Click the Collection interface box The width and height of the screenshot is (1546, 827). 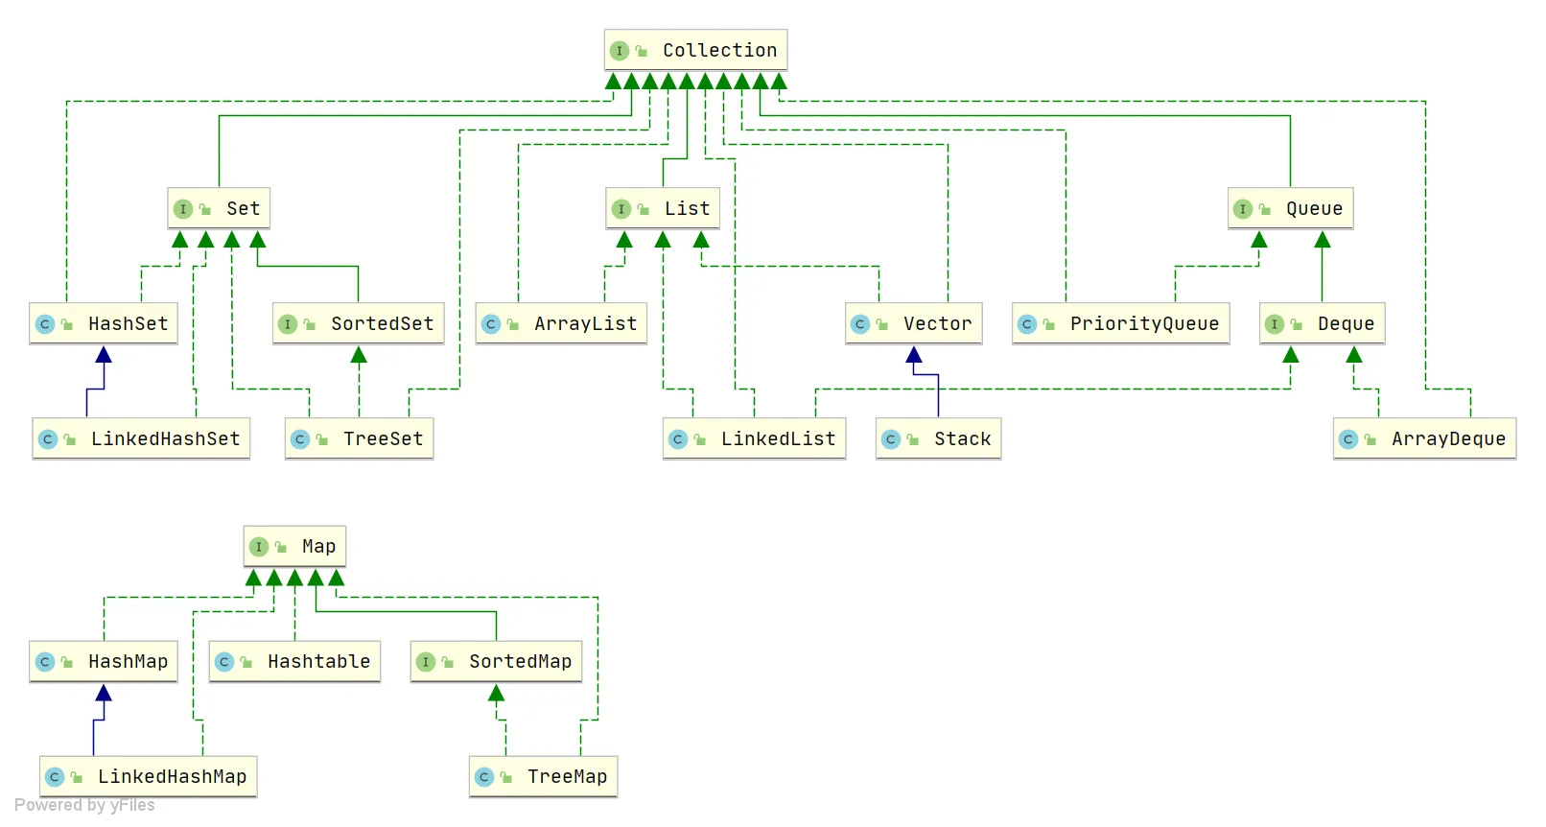point(695,50)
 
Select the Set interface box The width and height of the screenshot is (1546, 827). point(219,208)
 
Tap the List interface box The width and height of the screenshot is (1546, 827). point(663,208)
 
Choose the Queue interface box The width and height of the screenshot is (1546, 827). point(1290,208)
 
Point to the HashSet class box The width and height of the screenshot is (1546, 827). point(104,323)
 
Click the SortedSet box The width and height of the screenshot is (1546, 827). point(358,323)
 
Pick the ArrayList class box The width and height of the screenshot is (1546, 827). point(561,323)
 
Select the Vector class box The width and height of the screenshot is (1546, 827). point(913,323)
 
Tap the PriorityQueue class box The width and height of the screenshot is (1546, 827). point(1120,323)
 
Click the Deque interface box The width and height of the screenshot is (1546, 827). point(1322,323)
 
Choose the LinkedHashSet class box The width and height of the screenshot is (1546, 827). point(141,438)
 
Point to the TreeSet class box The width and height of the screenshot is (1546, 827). point(359,438)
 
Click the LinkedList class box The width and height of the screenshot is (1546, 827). point(754,438)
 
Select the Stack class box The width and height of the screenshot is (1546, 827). point(938,438)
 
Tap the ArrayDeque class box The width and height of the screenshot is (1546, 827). point(1424,438)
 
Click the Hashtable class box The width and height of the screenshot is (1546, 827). point(294,661)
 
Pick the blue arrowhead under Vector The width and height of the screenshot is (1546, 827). point(914,355)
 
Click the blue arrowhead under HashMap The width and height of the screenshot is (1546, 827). point(104,693)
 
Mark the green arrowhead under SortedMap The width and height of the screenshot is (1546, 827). point(496,693)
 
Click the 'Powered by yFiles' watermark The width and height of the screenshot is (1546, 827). point(84,805)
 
